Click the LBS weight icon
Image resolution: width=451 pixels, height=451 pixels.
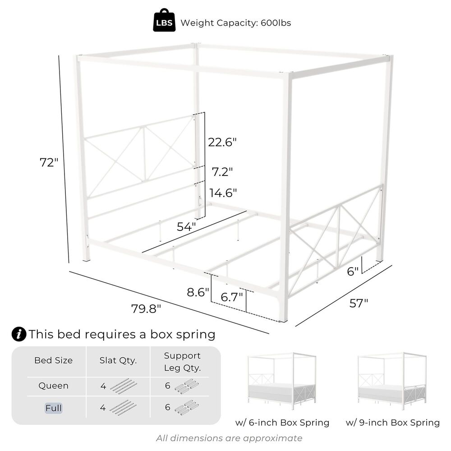click(x=164, y=23)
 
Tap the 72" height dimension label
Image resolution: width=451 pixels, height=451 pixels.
click(x=49, y=162)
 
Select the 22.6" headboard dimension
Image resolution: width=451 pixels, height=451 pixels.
click(x=222, y=143)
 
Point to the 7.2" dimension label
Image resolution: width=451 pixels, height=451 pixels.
click(x=222, y=172)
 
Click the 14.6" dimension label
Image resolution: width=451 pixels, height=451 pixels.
click(x=223, y=193)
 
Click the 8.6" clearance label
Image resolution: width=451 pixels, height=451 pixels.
click(x=198, y=292)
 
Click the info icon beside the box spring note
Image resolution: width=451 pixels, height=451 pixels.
click(x=18, y=334)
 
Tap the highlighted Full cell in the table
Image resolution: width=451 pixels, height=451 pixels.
click(x=53, y=408)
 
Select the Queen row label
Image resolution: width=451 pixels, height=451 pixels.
click(x=53, y=386)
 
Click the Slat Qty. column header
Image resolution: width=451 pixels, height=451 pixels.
click(x=118, y=360)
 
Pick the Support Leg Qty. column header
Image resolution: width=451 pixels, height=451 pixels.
click(x=182, y=362)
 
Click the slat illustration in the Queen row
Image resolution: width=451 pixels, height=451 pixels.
click(x=124, y=386)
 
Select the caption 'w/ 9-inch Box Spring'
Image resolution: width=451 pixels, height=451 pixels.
click(x=392, y=423)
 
